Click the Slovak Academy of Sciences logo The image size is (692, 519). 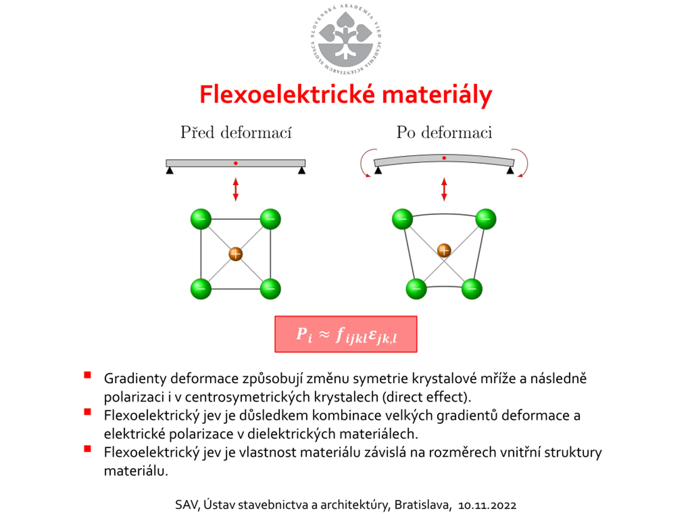[x=346, y=39]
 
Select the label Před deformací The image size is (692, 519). [x=236, y=132]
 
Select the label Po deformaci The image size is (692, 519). [x=444, y=132]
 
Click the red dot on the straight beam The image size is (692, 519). [x=235, y=163]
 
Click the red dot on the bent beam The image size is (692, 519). [x=444, y=158]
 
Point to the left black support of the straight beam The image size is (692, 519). [x=169, y=171]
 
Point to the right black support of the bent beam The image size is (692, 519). [x=510, y=171]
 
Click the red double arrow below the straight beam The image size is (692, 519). [x=235, y=189]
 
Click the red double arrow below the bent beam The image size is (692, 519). [x=444, y=189]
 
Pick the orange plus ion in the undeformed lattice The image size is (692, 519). [x=235, y=254]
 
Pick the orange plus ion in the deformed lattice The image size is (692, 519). [x=444, y=251]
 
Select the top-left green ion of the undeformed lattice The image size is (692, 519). [x=201, y=219]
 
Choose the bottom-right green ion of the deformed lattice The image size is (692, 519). [x=472, y=289]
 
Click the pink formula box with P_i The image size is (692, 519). [x=346, y=334]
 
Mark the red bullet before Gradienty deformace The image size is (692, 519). [x=88, y=375]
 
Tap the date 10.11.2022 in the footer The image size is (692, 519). [x=487, y=505]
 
